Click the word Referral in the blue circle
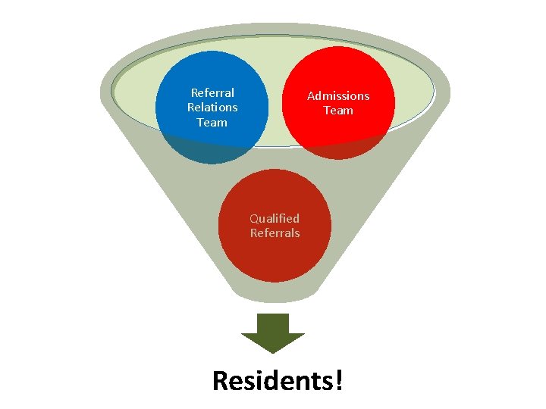tap(212, 93)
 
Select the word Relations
tap(212, 108)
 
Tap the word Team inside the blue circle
tap(212, 122)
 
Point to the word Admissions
tap(338, 96)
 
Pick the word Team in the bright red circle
tap(338, 111)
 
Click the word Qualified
tap(275, 218)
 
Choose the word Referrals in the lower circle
tap(275, 233)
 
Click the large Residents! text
tap(278, 380)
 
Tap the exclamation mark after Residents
tap(338, 380)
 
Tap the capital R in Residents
tap(221, 380)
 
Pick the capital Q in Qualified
tap(255, 218)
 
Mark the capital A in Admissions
tap(311, 96)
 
